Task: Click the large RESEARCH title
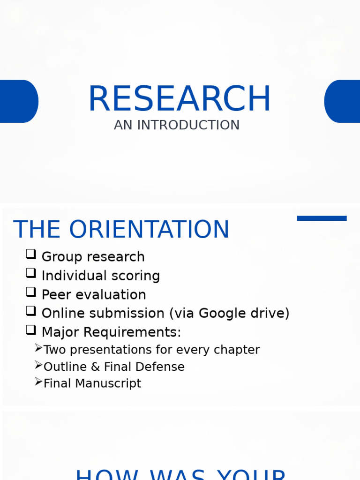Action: [180, 99]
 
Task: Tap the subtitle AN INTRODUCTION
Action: [176, 125]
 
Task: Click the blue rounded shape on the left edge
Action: [18, 101]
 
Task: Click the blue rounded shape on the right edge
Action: [343, 101]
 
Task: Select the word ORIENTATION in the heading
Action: [149, 230]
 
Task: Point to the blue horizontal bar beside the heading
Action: [322, 218]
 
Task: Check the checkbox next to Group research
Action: [31, 255]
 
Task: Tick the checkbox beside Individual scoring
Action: [31, 273]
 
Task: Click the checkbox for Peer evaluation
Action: [31, 292]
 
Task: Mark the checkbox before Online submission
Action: [31, 311]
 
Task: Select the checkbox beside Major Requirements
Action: [31, 330]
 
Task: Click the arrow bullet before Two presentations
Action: [38, 348]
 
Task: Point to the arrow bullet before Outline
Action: [38, 365]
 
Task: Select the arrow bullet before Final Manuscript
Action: [38, 382]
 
